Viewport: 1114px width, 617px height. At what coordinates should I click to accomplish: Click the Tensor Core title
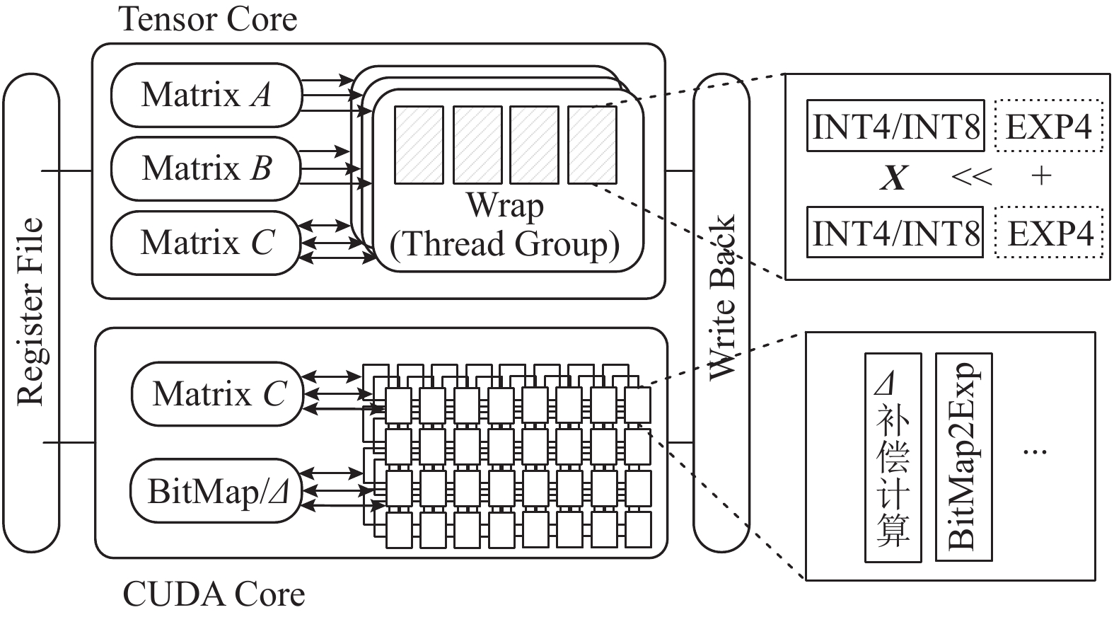208,19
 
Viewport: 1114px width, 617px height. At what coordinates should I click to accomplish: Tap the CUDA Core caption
214,594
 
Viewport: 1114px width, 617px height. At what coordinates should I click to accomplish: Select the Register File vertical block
30,312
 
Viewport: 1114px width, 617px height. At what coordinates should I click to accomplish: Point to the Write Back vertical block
721,311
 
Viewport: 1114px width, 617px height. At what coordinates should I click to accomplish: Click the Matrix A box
206,95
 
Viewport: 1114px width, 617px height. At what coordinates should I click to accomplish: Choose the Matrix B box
206,168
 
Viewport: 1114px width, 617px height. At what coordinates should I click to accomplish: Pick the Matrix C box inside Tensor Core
206,242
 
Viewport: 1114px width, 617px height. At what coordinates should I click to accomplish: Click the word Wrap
505,205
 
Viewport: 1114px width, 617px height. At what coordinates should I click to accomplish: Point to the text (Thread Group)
505,244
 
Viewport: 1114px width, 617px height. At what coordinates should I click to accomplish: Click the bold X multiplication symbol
894,177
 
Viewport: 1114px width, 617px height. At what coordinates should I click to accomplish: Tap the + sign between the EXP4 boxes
1041,175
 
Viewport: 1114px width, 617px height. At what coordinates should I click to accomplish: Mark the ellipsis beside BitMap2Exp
1035,451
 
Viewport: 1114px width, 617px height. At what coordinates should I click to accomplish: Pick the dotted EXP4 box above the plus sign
1048,125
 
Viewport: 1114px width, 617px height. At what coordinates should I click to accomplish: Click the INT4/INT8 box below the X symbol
895,232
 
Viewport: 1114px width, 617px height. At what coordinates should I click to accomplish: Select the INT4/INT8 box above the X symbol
895,125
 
